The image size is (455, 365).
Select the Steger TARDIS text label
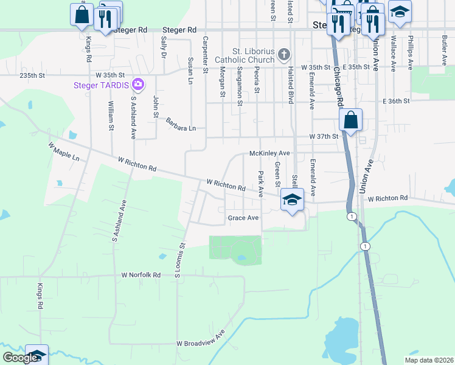pyautogui.click(x=103, y=85)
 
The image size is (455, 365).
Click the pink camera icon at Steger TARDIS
pyautogui.click(x=139, y=84)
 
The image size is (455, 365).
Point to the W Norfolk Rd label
pyautogui.click(x=141, y=275)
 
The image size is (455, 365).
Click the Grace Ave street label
pyautogui.click(x=243, y=218)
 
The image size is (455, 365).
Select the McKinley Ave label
pyautogui.click(x=269, y=153)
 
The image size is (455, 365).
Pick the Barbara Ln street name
pyautogui.click(x=181, y=124)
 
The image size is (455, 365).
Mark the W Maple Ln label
pyautogui.click(x=64, y=151)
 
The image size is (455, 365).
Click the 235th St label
pyautogui.click(x=33, y=75)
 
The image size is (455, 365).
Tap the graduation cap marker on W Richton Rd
pyautogui.click(x=292, y=199)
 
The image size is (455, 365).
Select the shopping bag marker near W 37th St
pyautogui.click(x=351, y=119)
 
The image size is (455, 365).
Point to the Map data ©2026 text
pyautogui.click(x=429, y=360)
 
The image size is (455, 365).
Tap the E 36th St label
pyautogui.click(x=396, y=101)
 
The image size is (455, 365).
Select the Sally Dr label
pyautogui.click(x=163, y=47)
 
